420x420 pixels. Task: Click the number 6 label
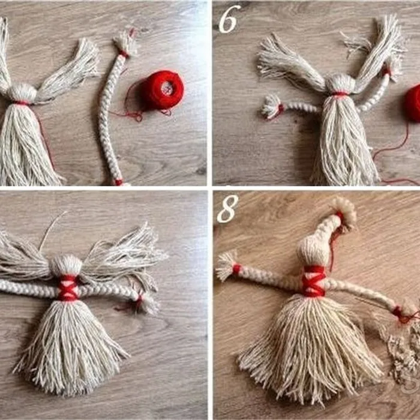pyautogui.click(x=229, y=19)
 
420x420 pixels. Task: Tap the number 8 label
pyautogui.click(x=227, y=209)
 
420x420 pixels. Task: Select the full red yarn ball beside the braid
pyautogui.click(x=161, y=90)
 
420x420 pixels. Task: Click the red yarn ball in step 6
pyautogui.click(x=413, y=103)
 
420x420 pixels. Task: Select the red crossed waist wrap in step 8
pyautogui.click(x=313, y=281)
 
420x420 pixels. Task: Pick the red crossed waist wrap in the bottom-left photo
pyautogui.click(x=67, y=287)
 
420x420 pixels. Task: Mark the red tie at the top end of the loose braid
pyautogui.click(x=124, y=53)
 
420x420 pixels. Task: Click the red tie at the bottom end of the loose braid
pyautogui.click(x=119, y=182)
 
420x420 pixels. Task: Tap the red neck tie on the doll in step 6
pyautogui.click(x=340, y=94)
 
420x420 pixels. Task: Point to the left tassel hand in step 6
pyautogui.click(x=271, y=106)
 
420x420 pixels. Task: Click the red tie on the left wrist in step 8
pyautogui.click(x=236, y=269)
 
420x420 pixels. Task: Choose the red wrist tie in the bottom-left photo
pyautogui.click(x=139, y=302)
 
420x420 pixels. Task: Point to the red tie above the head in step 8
pyautogui.click(x=340, y=216)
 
